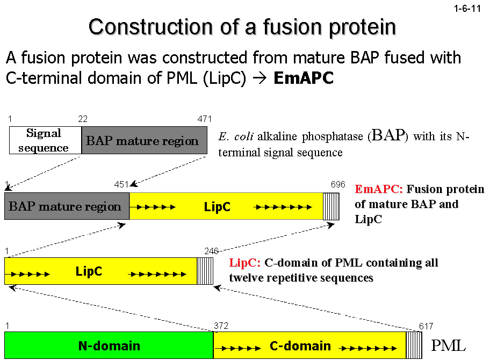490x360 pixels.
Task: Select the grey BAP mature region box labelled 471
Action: [x=143, y=141]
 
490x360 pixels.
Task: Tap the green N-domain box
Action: [x=109, y=345]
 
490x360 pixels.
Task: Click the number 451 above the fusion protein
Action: [x=121, y=185]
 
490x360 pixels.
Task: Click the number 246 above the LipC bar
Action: [x=212, y=251]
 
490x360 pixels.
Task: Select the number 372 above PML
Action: [x=221, y=326]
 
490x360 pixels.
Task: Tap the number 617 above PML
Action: [x=426, y=326]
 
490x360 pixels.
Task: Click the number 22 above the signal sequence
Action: [x=82, y=119]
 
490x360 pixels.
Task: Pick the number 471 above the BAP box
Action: [x=205, y=119]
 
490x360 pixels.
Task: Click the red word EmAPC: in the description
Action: [x=379, y=189]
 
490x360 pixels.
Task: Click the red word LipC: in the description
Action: [x=244, y=263]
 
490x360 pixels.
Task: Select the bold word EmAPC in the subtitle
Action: [x=304, y=78]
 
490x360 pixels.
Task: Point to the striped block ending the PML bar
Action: [x=413, y=345]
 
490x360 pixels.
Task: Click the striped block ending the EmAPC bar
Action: [x=331, y=206]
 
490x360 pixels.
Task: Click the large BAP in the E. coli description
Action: [x=388, y=135]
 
